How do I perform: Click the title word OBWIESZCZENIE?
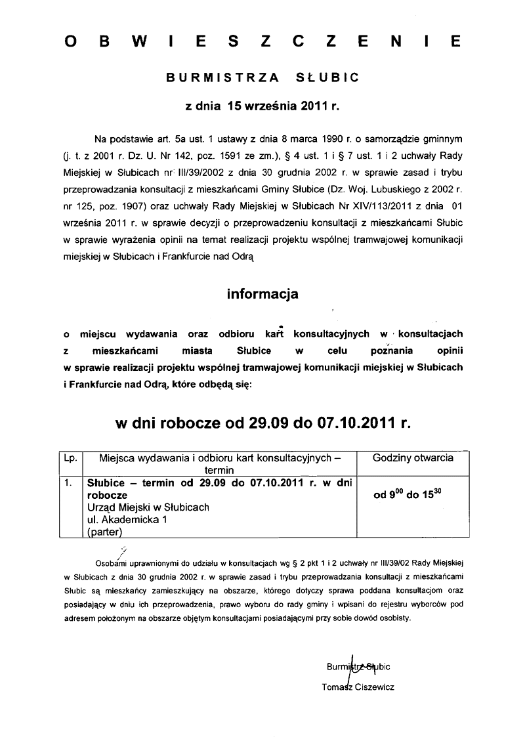point(262,42)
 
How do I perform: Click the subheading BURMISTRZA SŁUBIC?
point(262,77)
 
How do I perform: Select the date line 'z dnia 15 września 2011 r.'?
point(262,104)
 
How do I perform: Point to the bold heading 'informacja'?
point(262,293)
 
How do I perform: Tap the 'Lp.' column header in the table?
point(70,457)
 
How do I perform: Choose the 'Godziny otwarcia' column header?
point(412,457)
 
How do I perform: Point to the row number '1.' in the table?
point(68,483)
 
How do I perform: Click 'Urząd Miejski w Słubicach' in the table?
point(148,507)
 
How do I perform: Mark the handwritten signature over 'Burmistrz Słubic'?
point(355,668)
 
